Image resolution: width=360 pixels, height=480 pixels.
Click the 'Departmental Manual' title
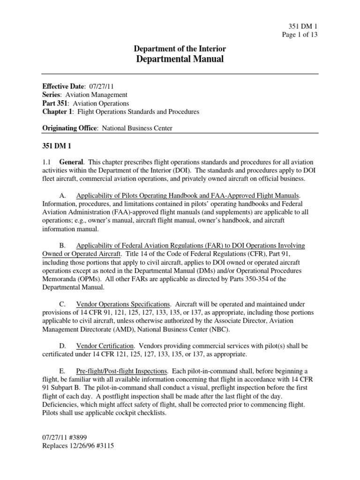pos(180,59)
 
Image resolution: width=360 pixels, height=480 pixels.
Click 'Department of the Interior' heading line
pos(180,49)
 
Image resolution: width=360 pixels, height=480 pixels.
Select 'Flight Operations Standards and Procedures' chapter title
pos(138,112)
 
